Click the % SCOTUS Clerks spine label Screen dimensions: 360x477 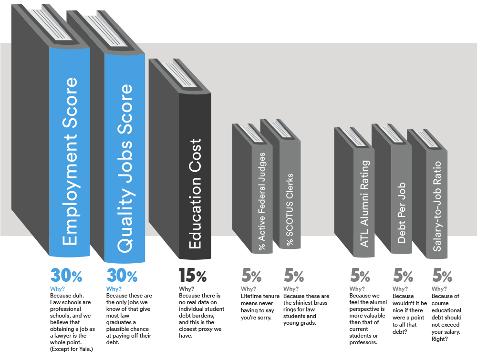point(290,210)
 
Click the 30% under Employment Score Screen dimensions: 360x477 point(66,276)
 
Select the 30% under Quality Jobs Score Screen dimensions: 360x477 point(122,276)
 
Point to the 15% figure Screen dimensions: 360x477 point(193,276)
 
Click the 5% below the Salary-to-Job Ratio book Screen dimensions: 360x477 point(442,276)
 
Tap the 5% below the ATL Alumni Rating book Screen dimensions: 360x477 point(360,276)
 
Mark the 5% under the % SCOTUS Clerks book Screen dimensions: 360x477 point(294,276)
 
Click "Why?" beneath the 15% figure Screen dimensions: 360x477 point(187,289)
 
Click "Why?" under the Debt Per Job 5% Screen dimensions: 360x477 point(400,289)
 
